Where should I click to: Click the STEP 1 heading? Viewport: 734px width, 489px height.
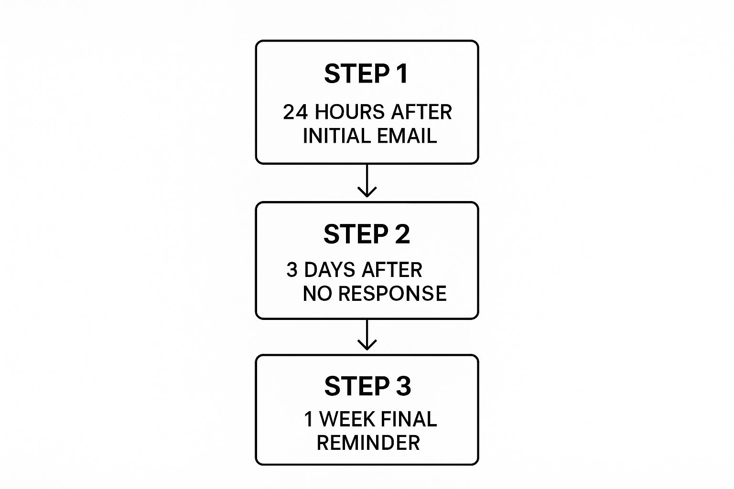click(366, 74)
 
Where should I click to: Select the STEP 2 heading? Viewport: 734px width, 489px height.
click(367, 234)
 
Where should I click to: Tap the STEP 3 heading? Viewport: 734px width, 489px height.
click(367, 386)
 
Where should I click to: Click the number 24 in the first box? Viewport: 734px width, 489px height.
click(295, 112)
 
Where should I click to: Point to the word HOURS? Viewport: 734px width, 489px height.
click(349, 112)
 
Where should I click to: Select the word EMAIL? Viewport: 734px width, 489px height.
click(407, 136)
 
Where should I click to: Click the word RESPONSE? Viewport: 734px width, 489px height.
click(392, 294)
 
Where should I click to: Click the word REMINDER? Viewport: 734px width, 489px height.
click(368, 443)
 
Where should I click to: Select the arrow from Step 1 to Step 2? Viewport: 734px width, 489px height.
click(367, 181)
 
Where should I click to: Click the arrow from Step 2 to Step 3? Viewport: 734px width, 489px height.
click(367, 335)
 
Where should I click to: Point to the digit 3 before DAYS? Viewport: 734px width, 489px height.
click(291, 270)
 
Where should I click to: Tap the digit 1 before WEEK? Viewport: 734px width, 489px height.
click(309, 419)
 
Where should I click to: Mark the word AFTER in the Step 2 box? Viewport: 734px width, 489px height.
click(392, 270)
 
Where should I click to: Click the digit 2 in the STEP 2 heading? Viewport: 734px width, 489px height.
click(403, 234)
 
